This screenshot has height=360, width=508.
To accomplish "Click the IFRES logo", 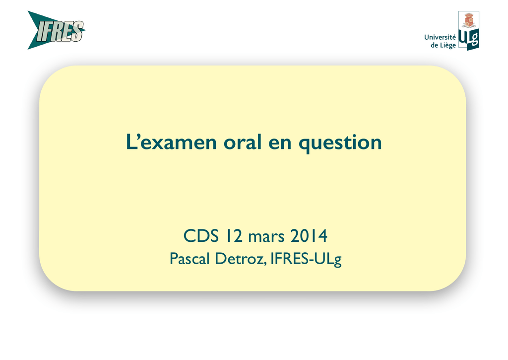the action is coord(57,30).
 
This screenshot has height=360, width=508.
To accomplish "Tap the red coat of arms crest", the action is coord(468,20).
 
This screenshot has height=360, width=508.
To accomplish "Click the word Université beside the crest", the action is coord(440,37).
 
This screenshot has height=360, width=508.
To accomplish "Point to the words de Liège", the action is coord(443,45).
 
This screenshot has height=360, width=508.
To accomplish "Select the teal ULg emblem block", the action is coord(469,40).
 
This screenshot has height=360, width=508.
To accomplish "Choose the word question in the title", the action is coord(340,143).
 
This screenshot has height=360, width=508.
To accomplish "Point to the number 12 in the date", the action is coord(234,236).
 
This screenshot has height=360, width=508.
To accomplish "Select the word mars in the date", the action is coord(266,237).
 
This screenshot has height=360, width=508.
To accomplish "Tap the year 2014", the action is coord(309,236).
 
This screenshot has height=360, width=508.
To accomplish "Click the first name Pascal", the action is coord(190,259).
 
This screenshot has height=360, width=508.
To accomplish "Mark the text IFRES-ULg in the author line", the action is coord(306,259).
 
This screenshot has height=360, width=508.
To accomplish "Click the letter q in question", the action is coord(305,145).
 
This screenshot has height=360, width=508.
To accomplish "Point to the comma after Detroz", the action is coord(265,264).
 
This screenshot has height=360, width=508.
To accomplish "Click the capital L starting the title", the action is coord(130,142).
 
